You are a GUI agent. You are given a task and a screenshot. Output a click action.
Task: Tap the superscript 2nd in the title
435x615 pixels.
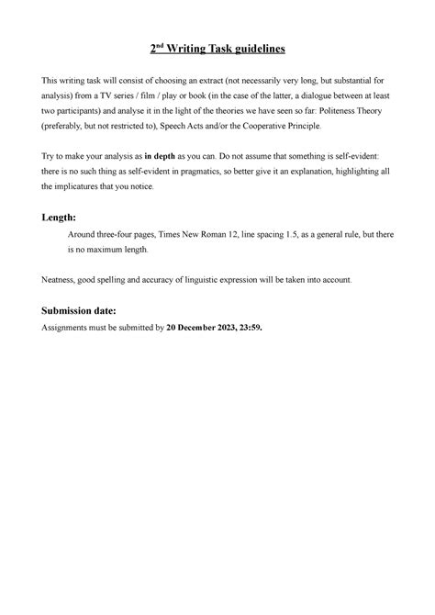pos(158,49)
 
